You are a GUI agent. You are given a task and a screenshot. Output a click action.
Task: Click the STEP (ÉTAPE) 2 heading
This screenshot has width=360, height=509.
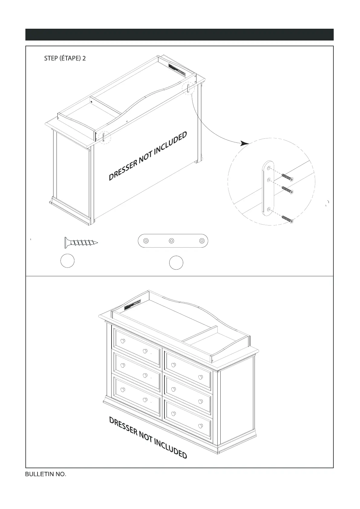tap(65, 58)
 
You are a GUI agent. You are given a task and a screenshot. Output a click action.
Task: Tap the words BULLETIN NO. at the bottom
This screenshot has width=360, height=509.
tap(46, 474)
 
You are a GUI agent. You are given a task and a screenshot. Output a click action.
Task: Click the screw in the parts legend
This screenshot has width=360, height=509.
tap(81, 242)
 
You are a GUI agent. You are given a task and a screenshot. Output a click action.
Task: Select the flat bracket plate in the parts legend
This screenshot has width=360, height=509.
tap(173, 241)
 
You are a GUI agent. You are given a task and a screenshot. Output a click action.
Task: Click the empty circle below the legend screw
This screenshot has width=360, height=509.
tap(67, 261)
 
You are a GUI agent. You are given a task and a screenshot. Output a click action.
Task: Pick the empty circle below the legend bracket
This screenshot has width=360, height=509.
tap(176, 263)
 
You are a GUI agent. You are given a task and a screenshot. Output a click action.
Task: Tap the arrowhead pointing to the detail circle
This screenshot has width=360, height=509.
tap(245, 143)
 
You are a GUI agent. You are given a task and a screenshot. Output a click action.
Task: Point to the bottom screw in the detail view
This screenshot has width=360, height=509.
tap(287, 219)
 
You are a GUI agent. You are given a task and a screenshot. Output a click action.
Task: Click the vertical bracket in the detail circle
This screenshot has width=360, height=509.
tap(268, 189)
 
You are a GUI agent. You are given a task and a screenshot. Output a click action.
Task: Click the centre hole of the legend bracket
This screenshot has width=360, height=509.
tap(171, 241)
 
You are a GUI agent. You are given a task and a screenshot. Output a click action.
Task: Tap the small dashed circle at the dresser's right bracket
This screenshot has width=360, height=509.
tap(188, 88)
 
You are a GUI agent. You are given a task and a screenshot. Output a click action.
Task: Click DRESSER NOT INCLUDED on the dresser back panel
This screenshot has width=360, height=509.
tap(148, 156)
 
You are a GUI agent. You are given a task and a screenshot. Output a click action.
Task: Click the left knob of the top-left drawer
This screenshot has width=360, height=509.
tap(123, 341)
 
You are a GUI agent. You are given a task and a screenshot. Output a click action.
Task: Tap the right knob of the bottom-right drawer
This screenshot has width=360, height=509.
tap(200, 426)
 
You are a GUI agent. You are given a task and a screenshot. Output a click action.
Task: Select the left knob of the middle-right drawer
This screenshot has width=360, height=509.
tap(174, 389)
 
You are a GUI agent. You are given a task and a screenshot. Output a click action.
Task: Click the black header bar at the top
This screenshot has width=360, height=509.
tap(180, 35)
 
